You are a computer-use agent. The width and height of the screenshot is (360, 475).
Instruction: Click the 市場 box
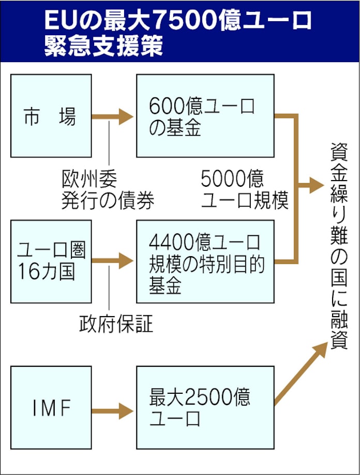[51, 115]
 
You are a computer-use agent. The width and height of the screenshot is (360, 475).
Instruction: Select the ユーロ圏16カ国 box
[51, 261]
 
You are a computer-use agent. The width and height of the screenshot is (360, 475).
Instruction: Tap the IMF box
[51, 407]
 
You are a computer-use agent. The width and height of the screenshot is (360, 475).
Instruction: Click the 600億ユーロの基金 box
[205, 115]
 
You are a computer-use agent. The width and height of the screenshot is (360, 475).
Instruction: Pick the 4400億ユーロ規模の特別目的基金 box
[205, 261]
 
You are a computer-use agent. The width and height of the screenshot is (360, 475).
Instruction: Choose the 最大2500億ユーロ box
[205, 407]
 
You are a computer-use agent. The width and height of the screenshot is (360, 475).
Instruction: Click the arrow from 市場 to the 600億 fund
[113, 117]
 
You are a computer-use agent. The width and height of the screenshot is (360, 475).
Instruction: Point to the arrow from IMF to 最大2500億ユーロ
[113, 411]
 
